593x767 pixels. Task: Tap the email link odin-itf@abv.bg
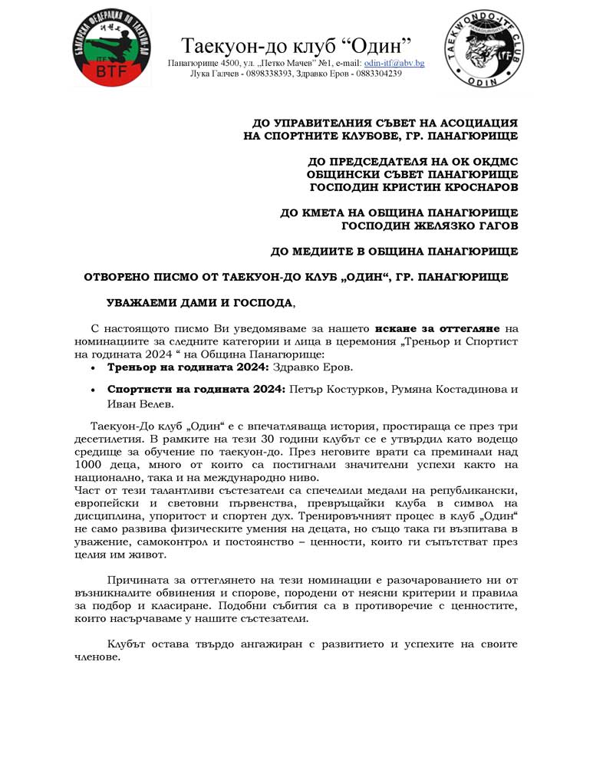(394, 63)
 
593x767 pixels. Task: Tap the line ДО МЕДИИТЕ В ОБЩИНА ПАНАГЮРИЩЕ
(394, 252)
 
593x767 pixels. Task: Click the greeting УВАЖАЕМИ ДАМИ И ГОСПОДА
(199, 303)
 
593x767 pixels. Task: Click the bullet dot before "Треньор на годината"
(94, 369)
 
